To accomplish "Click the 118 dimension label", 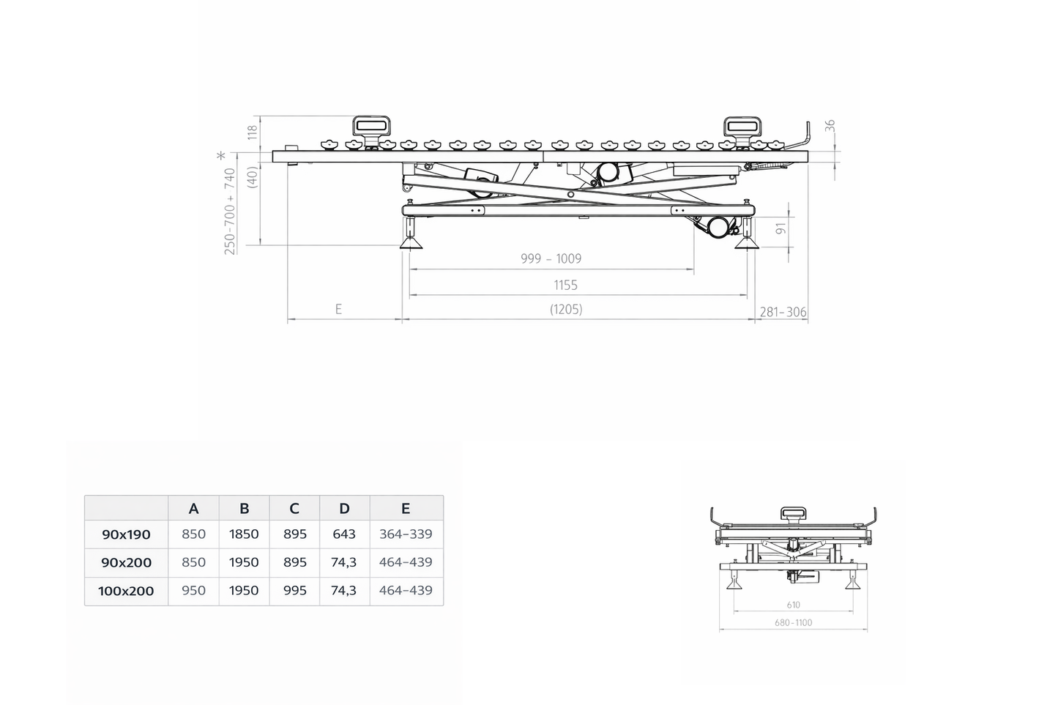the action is coord(252,133).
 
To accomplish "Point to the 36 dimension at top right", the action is coord(830,126).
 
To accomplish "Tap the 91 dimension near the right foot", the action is coord(781,228).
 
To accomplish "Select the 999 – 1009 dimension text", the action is coord(551,258).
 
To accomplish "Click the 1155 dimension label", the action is coord(566,286).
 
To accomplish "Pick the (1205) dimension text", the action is coord(566,309).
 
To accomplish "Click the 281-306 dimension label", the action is coord(783,312).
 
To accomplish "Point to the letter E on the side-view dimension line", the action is coord(339,309).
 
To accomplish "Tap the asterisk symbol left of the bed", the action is coord(221,155).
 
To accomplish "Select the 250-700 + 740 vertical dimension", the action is coord(230,212).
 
